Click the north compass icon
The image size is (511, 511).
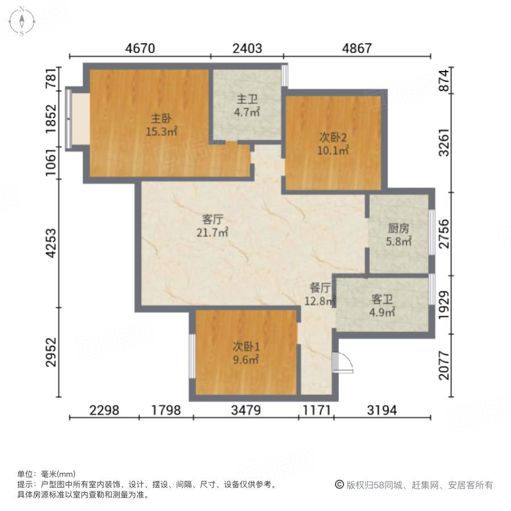coord(22,21)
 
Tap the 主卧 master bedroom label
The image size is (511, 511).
coord(161,125)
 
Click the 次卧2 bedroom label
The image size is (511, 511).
coord(332,144)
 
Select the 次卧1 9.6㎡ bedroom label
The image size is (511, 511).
coord(245,353)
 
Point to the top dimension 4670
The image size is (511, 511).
coord(140,48)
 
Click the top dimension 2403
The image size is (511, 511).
coord(247,48)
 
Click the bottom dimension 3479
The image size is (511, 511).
coord(246,409)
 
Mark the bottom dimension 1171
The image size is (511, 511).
coord(316,409)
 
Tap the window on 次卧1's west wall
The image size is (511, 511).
coord(192,355)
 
